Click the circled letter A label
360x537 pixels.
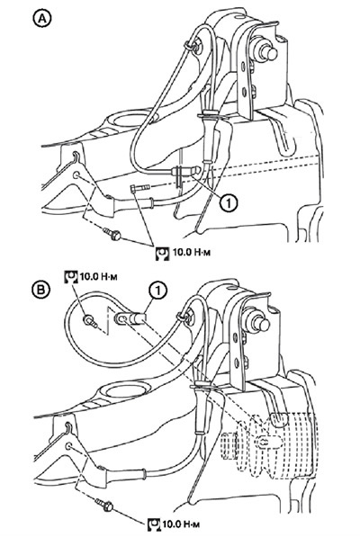tap(41, 19)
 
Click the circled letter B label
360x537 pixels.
tap(41, 290)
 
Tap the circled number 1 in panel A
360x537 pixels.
tap(228, 203)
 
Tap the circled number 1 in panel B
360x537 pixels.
tap(157, 291)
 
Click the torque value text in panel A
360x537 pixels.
tap(192, 253)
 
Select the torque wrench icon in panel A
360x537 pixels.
tap(162, 254)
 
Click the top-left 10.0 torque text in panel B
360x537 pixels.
tap(98, 275)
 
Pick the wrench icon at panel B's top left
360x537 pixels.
tap(71, 276)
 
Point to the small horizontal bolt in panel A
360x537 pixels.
tap(139, 188)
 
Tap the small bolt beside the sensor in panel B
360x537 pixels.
tap(90, 321)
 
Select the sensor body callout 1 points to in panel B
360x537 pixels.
tap(130, 318)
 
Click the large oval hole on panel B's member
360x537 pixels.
tap(127, 390)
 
